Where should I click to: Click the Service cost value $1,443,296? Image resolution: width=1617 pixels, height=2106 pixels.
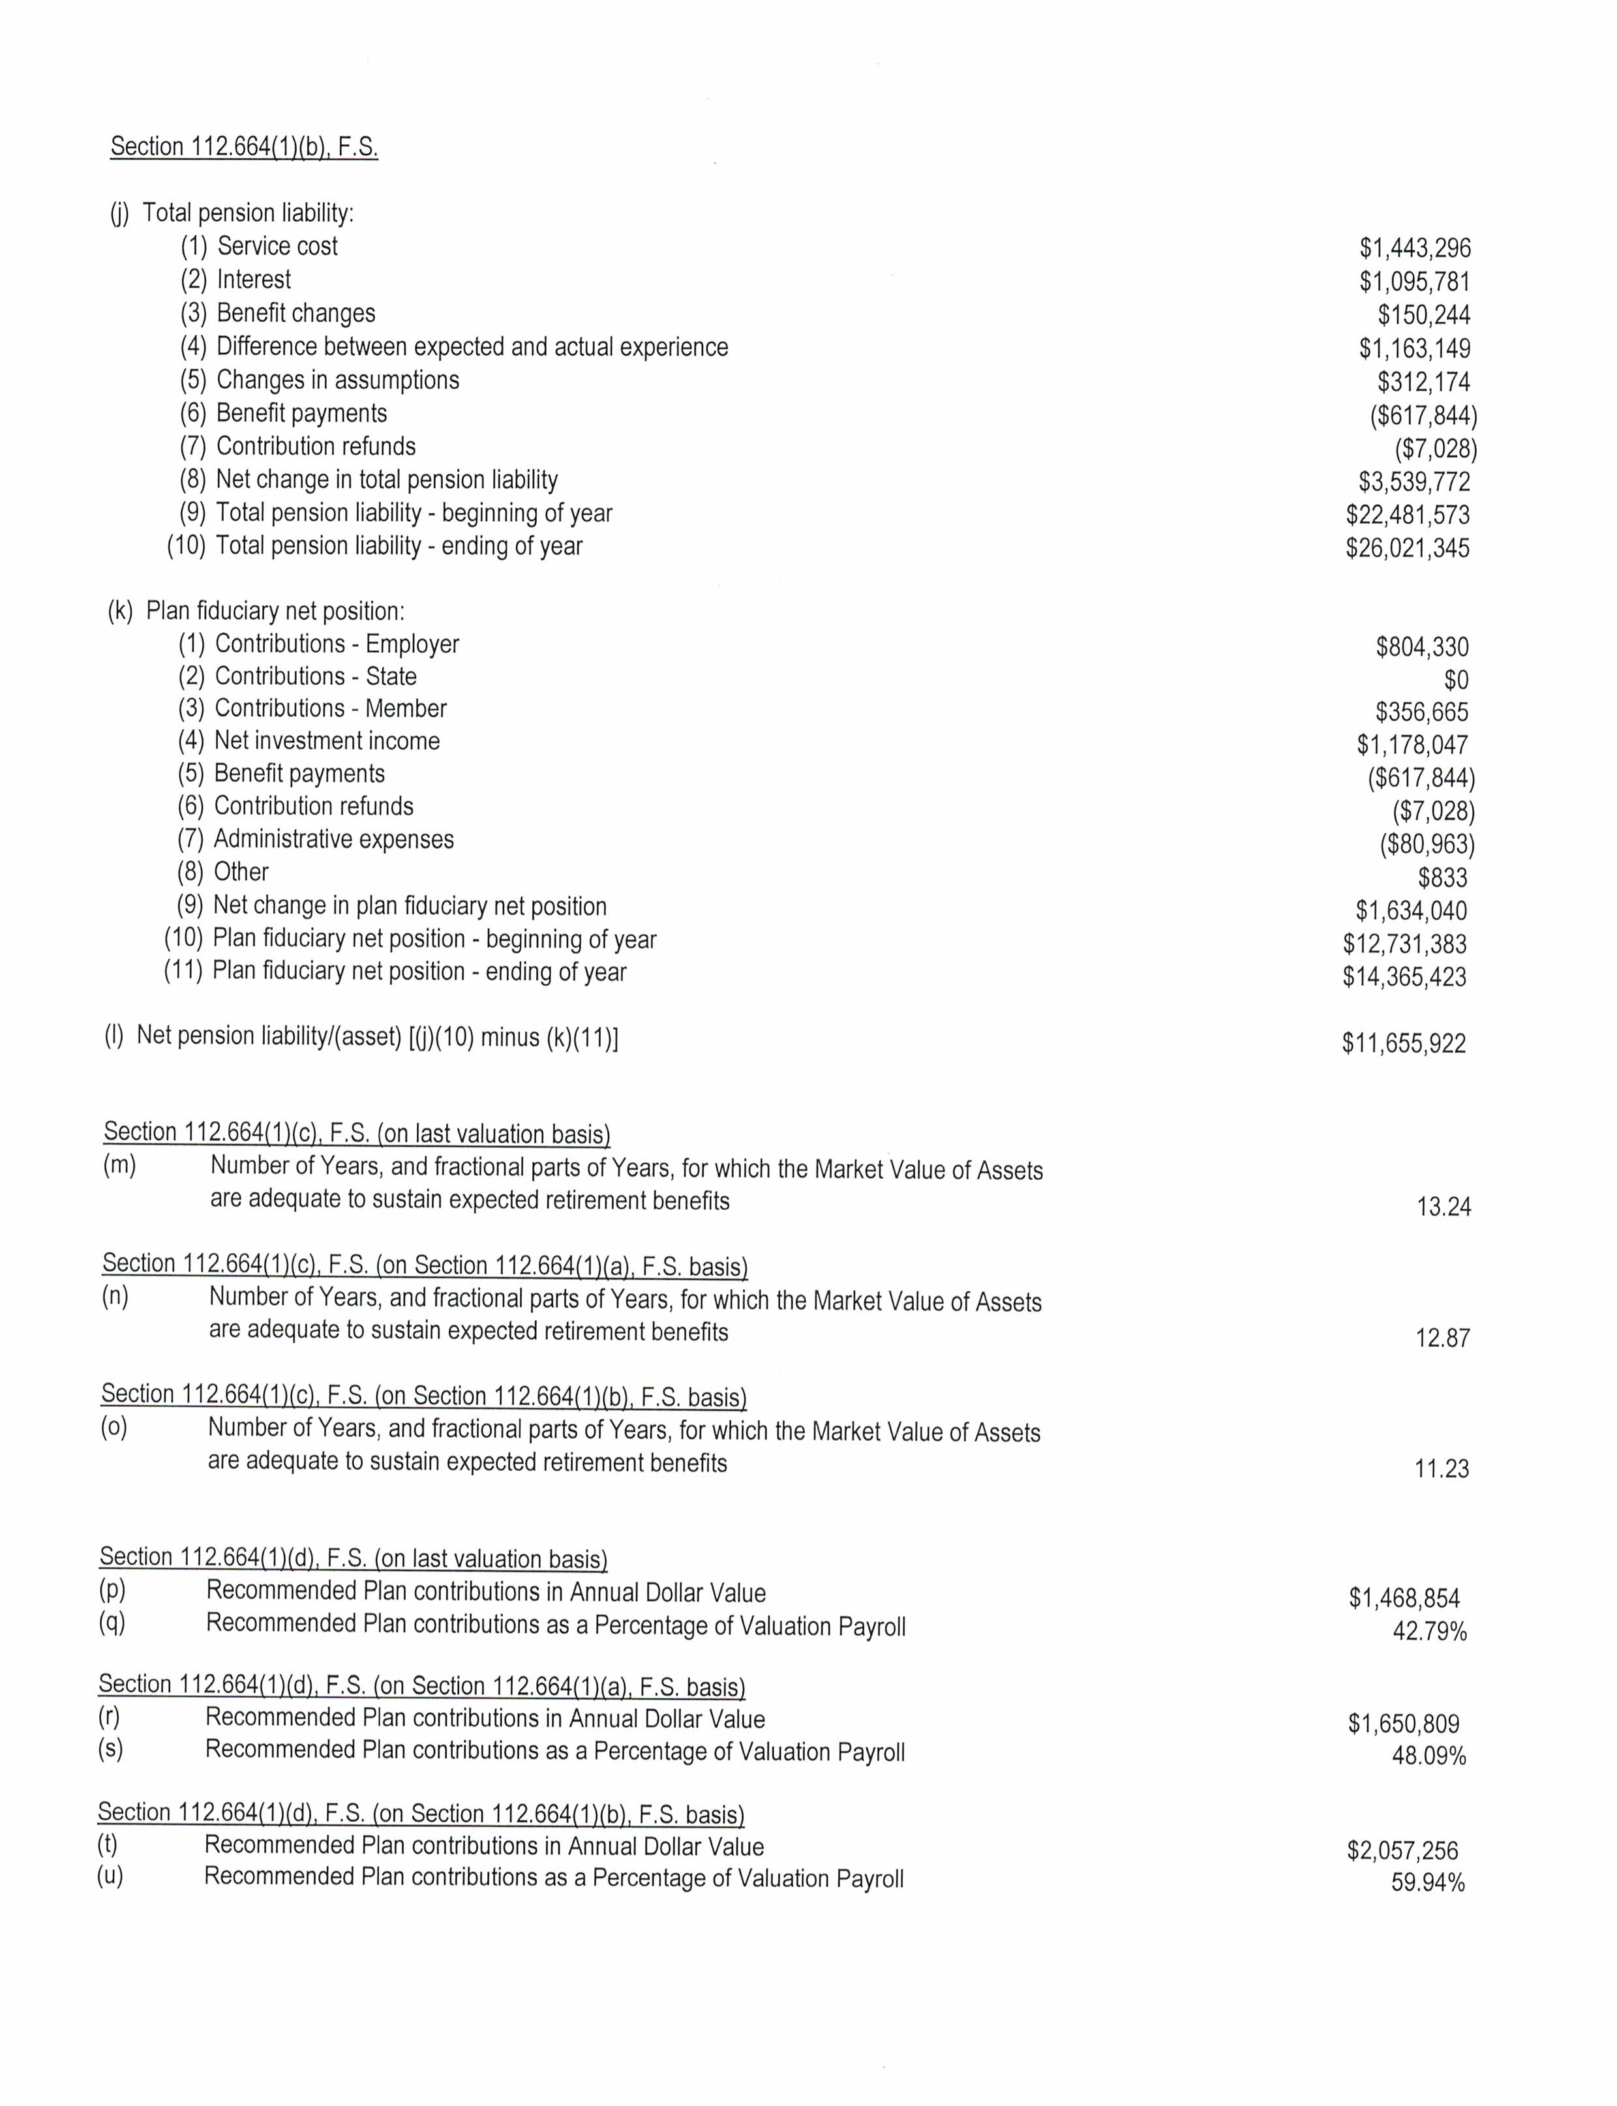[x=1414, y=248]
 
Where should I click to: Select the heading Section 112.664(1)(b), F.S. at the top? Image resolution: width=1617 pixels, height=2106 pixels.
[x=245, y=147]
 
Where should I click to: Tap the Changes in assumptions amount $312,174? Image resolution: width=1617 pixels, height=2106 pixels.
[x=1423, y=382]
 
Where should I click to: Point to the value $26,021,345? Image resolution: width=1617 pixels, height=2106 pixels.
[x=1407, y=549]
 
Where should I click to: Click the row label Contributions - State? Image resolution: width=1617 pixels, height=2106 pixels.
[x=315, y=676]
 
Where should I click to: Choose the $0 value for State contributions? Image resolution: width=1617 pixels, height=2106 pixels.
[x=1455, y=680]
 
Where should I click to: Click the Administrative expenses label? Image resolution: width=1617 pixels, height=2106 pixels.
[x=333, y=839]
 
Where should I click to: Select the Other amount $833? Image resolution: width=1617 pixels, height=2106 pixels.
[x=1442, y=878]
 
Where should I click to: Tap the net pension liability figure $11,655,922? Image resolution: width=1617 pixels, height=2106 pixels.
[x=1403, y=1044]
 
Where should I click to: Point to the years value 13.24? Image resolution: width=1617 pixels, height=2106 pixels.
[x=1443, y=1207]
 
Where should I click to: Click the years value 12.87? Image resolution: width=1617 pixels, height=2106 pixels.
[x=1442, y=1338]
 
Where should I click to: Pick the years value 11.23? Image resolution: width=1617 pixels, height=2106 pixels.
[x=1441, y=1469]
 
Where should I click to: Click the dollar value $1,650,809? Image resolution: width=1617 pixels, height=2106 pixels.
[x=1403, y=1724]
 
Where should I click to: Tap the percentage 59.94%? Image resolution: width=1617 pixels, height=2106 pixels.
[x=1427, y=1883]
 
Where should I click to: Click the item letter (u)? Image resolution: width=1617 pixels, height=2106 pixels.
[x=110, y=1876]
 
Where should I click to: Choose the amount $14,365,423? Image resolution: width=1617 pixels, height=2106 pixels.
[x=1404, y=977]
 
